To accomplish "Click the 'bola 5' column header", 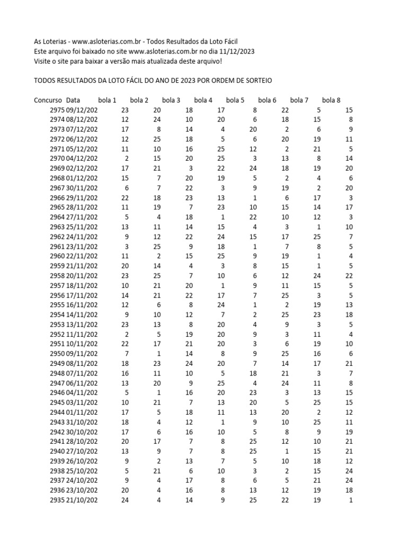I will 235,100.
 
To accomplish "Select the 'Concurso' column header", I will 48,100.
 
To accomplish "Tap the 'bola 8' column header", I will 331,100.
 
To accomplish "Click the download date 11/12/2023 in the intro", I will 235,51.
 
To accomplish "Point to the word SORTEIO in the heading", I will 257,81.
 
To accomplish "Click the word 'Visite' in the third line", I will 44,62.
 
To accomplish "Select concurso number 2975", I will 57,110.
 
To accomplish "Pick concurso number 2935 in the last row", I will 57,500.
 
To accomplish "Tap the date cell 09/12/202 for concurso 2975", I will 82,110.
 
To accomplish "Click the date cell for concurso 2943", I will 82,422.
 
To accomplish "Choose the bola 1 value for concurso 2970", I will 126,159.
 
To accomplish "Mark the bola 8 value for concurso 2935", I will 350,500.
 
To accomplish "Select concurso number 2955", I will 57,305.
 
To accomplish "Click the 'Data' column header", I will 74,100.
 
